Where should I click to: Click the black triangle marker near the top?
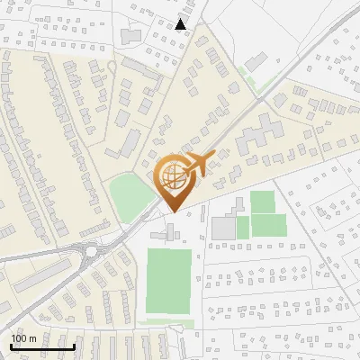click(x=182, y=24)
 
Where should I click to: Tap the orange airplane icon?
click(x=204, y=165)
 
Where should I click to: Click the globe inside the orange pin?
click(x=172, y=177)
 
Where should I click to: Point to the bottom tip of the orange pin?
click(x=172, y=211)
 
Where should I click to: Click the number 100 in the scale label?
click(x=19, y=338)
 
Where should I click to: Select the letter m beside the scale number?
click(x=32, y=338)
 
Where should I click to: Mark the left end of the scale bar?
click(x=11, y=347)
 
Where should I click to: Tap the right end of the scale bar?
click(x=74, y=347)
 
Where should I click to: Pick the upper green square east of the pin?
click(x=262, y=201)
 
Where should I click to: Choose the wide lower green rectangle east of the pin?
click(x=262, y=225)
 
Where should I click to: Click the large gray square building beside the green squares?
click(x=223, y=228)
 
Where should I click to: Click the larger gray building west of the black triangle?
click(x=131, y=34)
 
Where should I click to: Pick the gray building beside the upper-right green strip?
click(x=255, y=61)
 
